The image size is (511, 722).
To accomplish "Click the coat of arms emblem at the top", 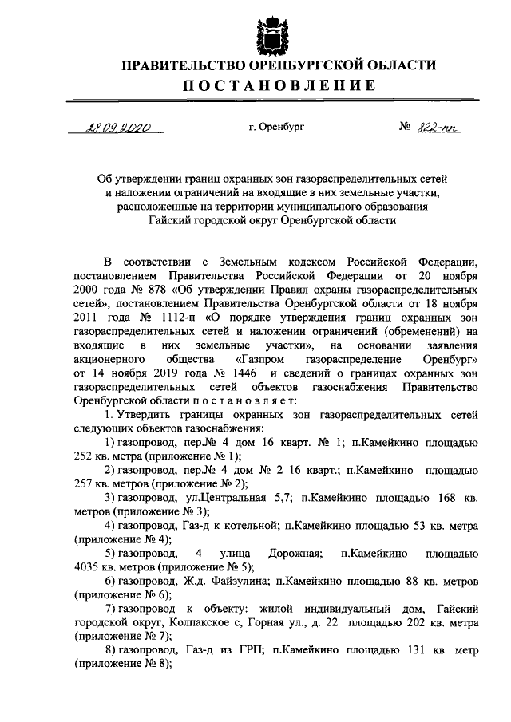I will coord(271,34).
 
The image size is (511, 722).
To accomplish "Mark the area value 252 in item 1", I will coord(84,456).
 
